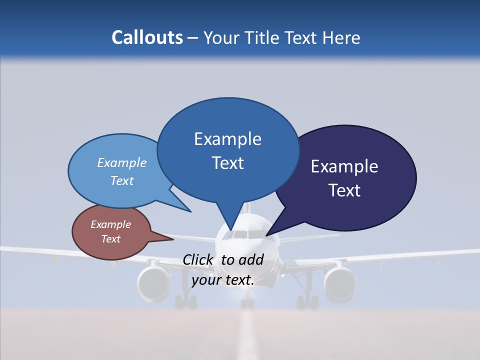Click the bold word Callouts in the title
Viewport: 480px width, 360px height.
[x=147, y=37]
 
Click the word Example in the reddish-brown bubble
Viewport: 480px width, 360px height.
[x=110, y=224]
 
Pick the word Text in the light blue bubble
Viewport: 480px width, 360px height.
[x=122, y=181]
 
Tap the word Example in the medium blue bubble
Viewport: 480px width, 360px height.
[x=227, y=139]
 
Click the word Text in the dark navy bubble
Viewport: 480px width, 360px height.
[x=344, y=190]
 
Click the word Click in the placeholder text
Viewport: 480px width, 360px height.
[x=199, y=259]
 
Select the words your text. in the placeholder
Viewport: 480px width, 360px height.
[x=223, y=280]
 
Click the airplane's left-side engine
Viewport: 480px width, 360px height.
[x=154, y=283]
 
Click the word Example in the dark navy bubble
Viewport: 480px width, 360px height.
[x=344, y=166]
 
